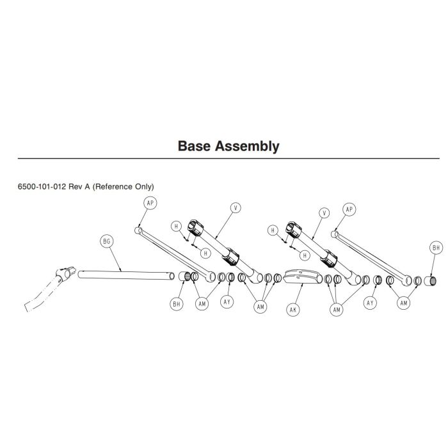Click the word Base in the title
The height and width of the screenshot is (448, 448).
pyautogui.click(x=196, y=147)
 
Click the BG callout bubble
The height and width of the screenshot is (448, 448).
pyautogui.click(x=107, y=241)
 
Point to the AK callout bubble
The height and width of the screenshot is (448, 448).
pyautogui.click(x=292, y=309)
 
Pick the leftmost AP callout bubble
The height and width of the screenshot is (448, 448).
pyautogui.click(x=151, y=202)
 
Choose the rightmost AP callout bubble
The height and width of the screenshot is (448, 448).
pyautogui.click(x=349, y=209)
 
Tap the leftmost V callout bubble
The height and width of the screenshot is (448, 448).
pyautogui.click(x=236, y=208)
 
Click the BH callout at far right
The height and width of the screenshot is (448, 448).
pyautogui.click(x=436, y=247)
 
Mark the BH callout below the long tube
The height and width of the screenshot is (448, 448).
pyautogui.click(x=177, y=304)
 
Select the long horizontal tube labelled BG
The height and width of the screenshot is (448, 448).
pyautogui.click(x=125, y=274)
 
